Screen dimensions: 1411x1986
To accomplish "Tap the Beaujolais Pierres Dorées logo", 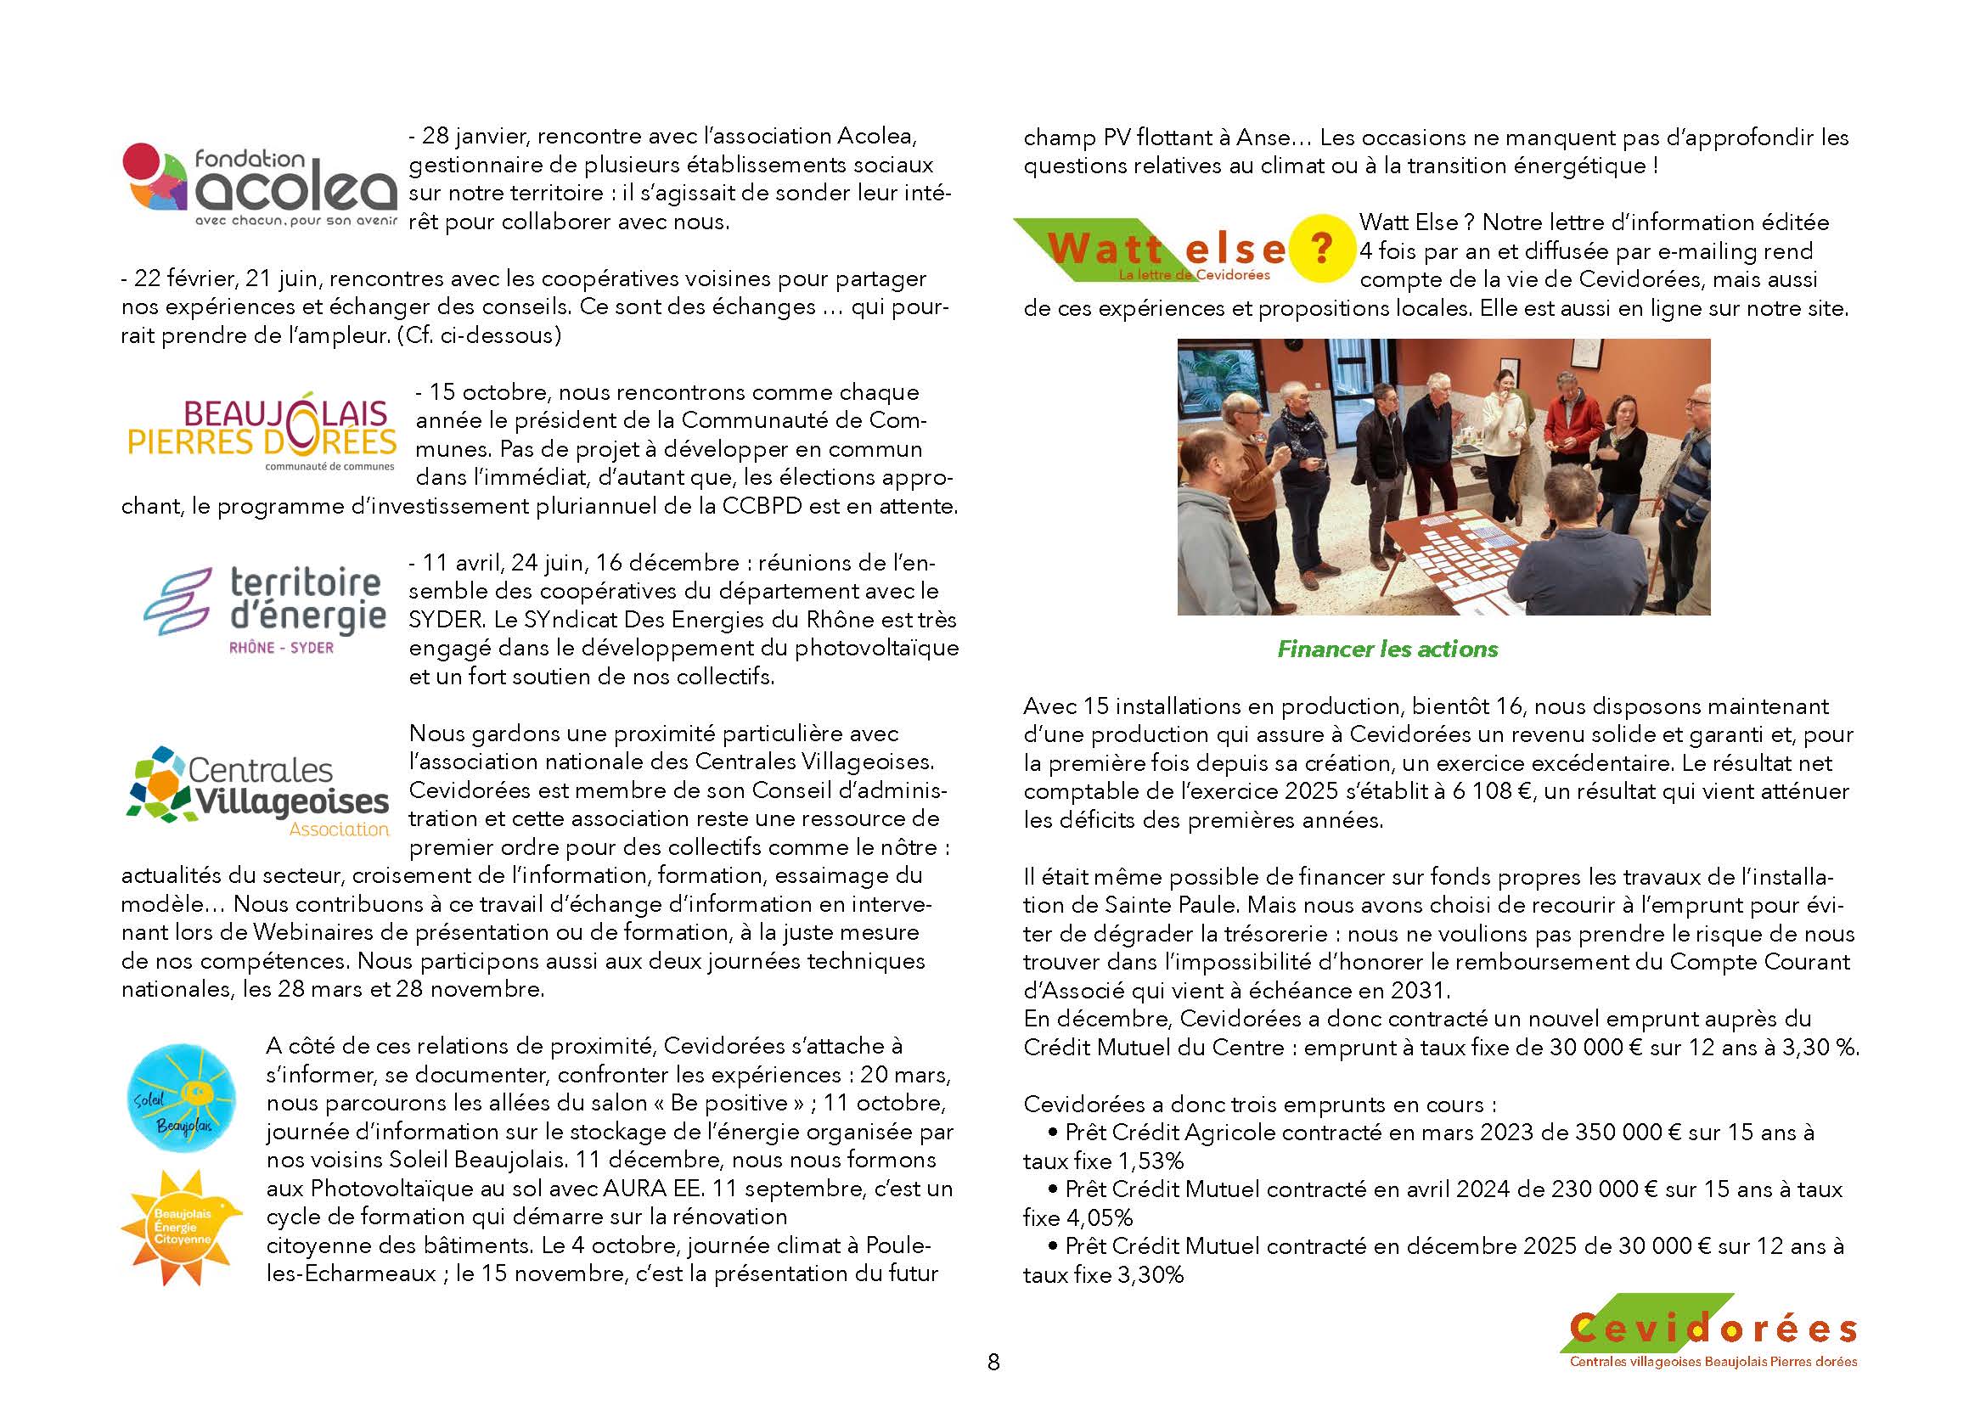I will tap(262, 431).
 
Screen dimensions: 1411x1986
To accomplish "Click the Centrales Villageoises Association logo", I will tap(259, 791).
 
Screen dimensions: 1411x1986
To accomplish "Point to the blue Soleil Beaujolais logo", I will tap(181, 1099).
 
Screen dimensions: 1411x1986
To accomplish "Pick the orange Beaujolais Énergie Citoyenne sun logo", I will tap(182, 1227).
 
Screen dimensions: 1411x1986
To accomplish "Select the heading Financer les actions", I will tap(1387, 649).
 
